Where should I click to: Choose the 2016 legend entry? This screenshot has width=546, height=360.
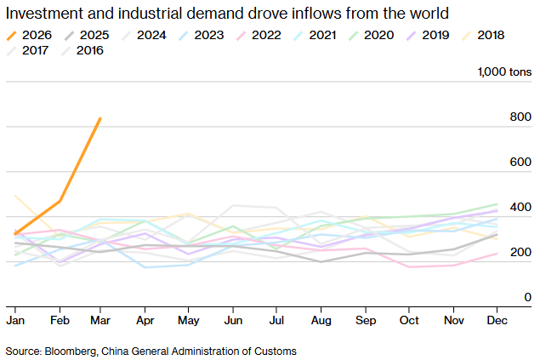82,51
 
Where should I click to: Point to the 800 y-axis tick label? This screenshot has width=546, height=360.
520,118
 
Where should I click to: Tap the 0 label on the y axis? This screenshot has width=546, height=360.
527,297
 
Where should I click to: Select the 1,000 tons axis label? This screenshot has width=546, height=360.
507,73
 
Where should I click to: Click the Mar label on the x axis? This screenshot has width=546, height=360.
101,321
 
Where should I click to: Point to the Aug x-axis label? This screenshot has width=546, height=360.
321,321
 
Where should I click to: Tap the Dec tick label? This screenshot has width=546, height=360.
497,321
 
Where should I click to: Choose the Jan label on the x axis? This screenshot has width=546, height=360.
15,321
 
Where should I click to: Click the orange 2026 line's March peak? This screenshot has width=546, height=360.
100,119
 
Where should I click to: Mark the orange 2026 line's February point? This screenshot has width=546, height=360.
60,201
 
